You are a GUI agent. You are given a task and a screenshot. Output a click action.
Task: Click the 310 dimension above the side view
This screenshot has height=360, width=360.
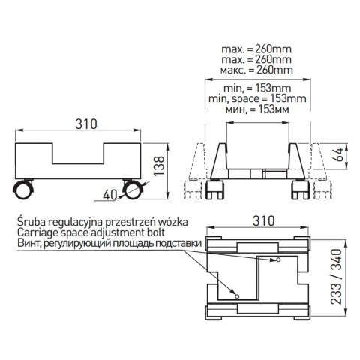(86, 124)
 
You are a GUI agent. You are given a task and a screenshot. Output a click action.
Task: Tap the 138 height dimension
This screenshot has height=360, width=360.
(159, 166)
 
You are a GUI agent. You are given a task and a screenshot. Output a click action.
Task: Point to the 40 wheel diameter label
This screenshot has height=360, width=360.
(109, 195)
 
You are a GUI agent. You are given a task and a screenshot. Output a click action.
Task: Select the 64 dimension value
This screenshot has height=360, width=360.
(339, 155)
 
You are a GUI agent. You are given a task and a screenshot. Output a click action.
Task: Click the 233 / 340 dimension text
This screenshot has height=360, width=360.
(336, 276)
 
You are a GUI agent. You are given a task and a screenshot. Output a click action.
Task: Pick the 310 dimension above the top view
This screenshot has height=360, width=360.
(263, 221)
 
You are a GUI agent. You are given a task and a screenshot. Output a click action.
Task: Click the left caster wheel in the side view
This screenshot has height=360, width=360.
(23, 189)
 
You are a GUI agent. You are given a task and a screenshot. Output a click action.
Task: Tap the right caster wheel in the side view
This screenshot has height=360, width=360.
(133, 189)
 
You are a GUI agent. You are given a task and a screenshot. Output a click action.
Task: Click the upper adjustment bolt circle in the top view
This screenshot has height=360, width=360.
(278, 259)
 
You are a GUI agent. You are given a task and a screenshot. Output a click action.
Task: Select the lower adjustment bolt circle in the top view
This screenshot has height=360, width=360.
(237, 296)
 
